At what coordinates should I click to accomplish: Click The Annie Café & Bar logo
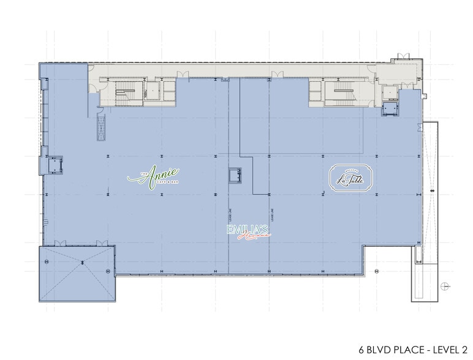pos(154,176)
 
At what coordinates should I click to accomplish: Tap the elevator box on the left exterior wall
pos(56,164)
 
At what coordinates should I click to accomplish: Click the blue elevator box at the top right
pos(390,109)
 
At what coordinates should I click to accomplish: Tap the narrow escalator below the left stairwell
pos(101,127)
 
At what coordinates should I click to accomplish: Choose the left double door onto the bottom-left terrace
pos(59,244)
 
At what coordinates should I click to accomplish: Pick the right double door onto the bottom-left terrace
pos(102,244)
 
